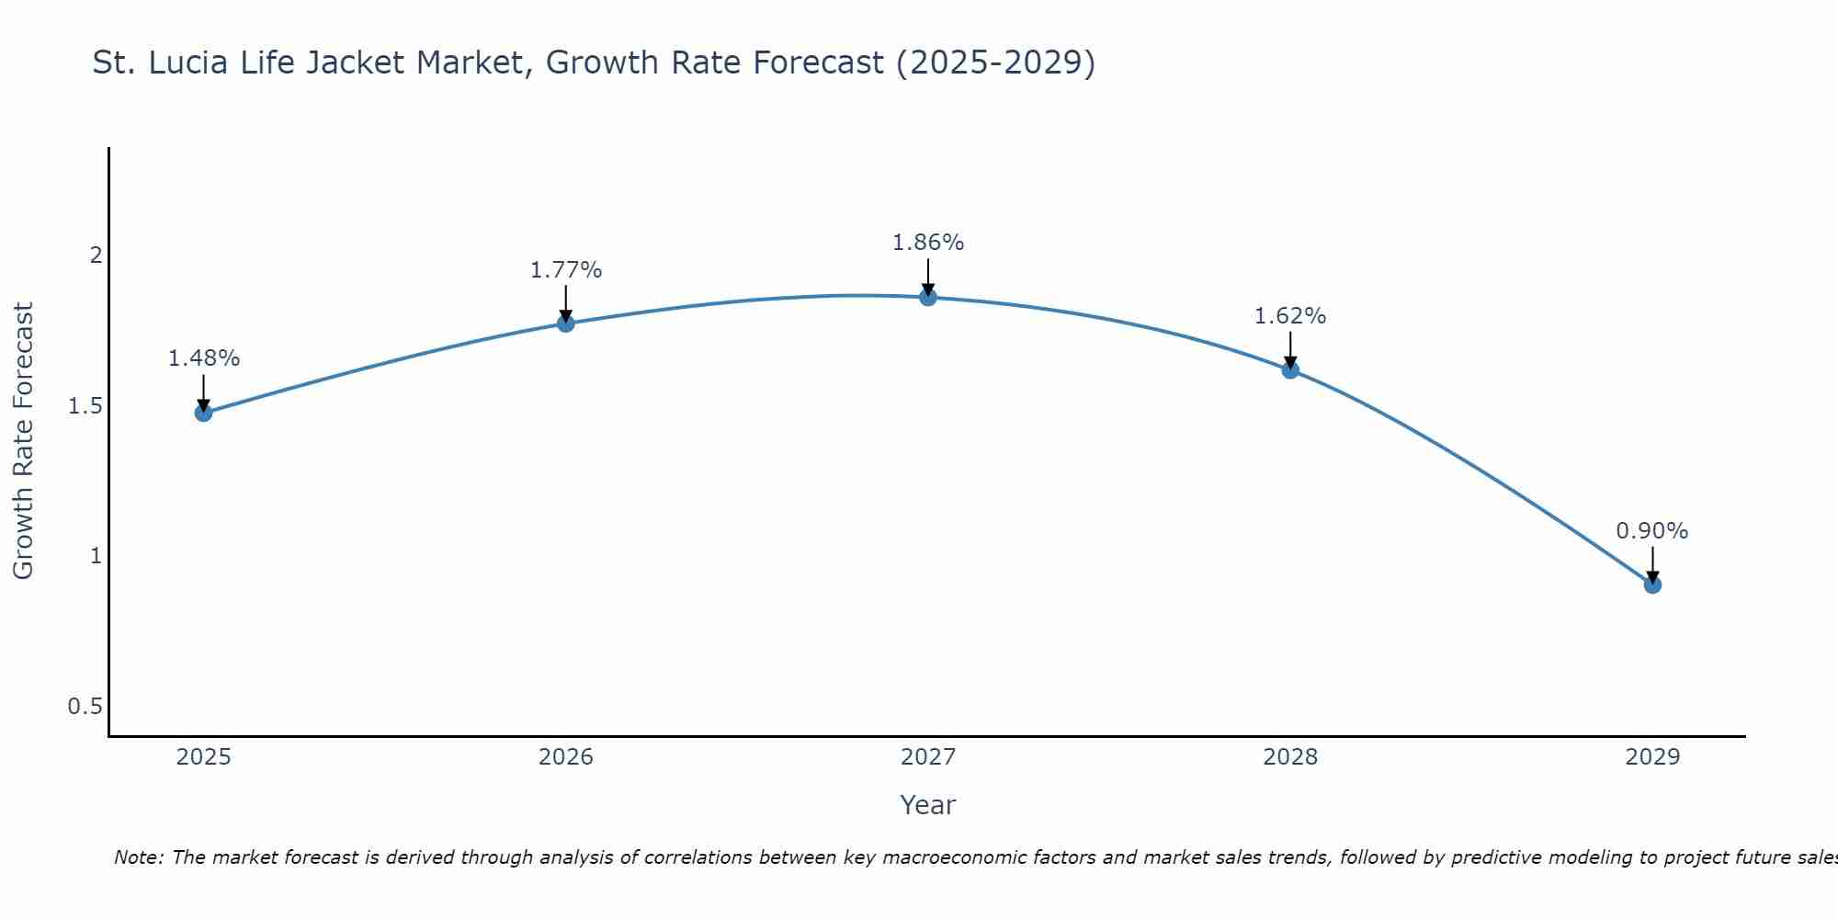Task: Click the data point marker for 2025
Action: coord(203,413)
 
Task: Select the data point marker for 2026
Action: coord(566,323)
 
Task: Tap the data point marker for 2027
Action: coord(928,297)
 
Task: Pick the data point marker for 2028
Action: coord(1290,369)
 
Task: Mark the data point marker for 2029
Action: coord(1652,584)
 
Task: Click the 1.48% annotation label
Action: coord(203,358)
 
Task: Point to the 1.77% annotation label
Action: coord(566,270)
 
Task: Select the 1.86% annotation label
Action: coord(928,243)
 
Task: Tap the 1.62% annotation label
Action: coord(1290,316)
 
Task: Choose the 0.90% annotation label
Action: coord(1652,531)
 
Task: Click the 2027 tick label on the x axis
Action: coord(928,757)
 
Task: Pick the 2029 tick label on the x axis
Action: coord(1652,757)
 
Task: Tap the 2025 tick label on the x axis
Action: coord(203,757)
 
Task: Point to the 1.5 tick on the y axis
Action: coord(85,405)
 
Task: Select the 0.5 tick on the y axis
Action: coord(85,707)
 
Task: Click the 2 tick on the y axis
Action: coord(96,255)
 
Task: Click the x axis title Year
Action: coord(928,805)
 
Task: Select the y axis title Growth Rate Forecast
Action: coord(23,441)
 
